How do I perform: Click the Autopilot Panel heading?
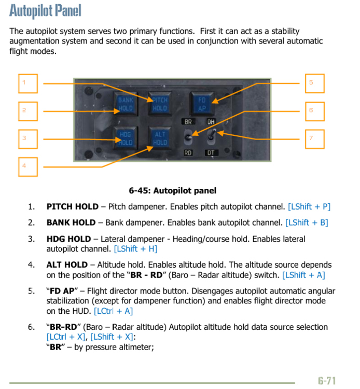click(46, 10)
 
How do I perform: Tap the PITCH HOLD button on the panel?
click(160, 104)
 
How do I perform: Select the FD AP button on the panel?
click(202, 104)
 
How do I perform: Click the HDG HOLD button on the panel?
click(126, 137)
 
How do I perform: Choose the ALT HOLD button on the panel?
click(160, 137)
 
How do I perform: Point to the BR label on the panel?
click(188, 122)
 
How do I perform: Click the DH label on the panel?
click(211, 122)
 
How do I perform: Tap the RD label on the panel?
click(188, 153)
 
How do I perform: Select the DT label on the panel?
click(211, 153)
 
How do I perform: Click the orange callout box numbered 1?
click(28, 84)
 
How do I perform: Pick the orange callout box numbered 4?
click(28, 166)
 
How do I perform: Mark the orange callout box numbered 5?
click(314, 84)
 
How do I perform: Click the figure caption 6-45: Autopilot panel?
click(173, 191)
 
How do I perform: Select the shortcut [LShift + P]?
click(309, 206)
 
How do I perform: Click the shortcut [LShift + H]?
click(135, 249)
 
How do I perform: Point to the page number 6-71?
click(327, 381)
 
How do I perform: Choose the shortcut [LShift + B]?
click(307, 223)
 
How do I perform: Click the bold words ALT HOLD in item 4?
click(67, 265)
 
